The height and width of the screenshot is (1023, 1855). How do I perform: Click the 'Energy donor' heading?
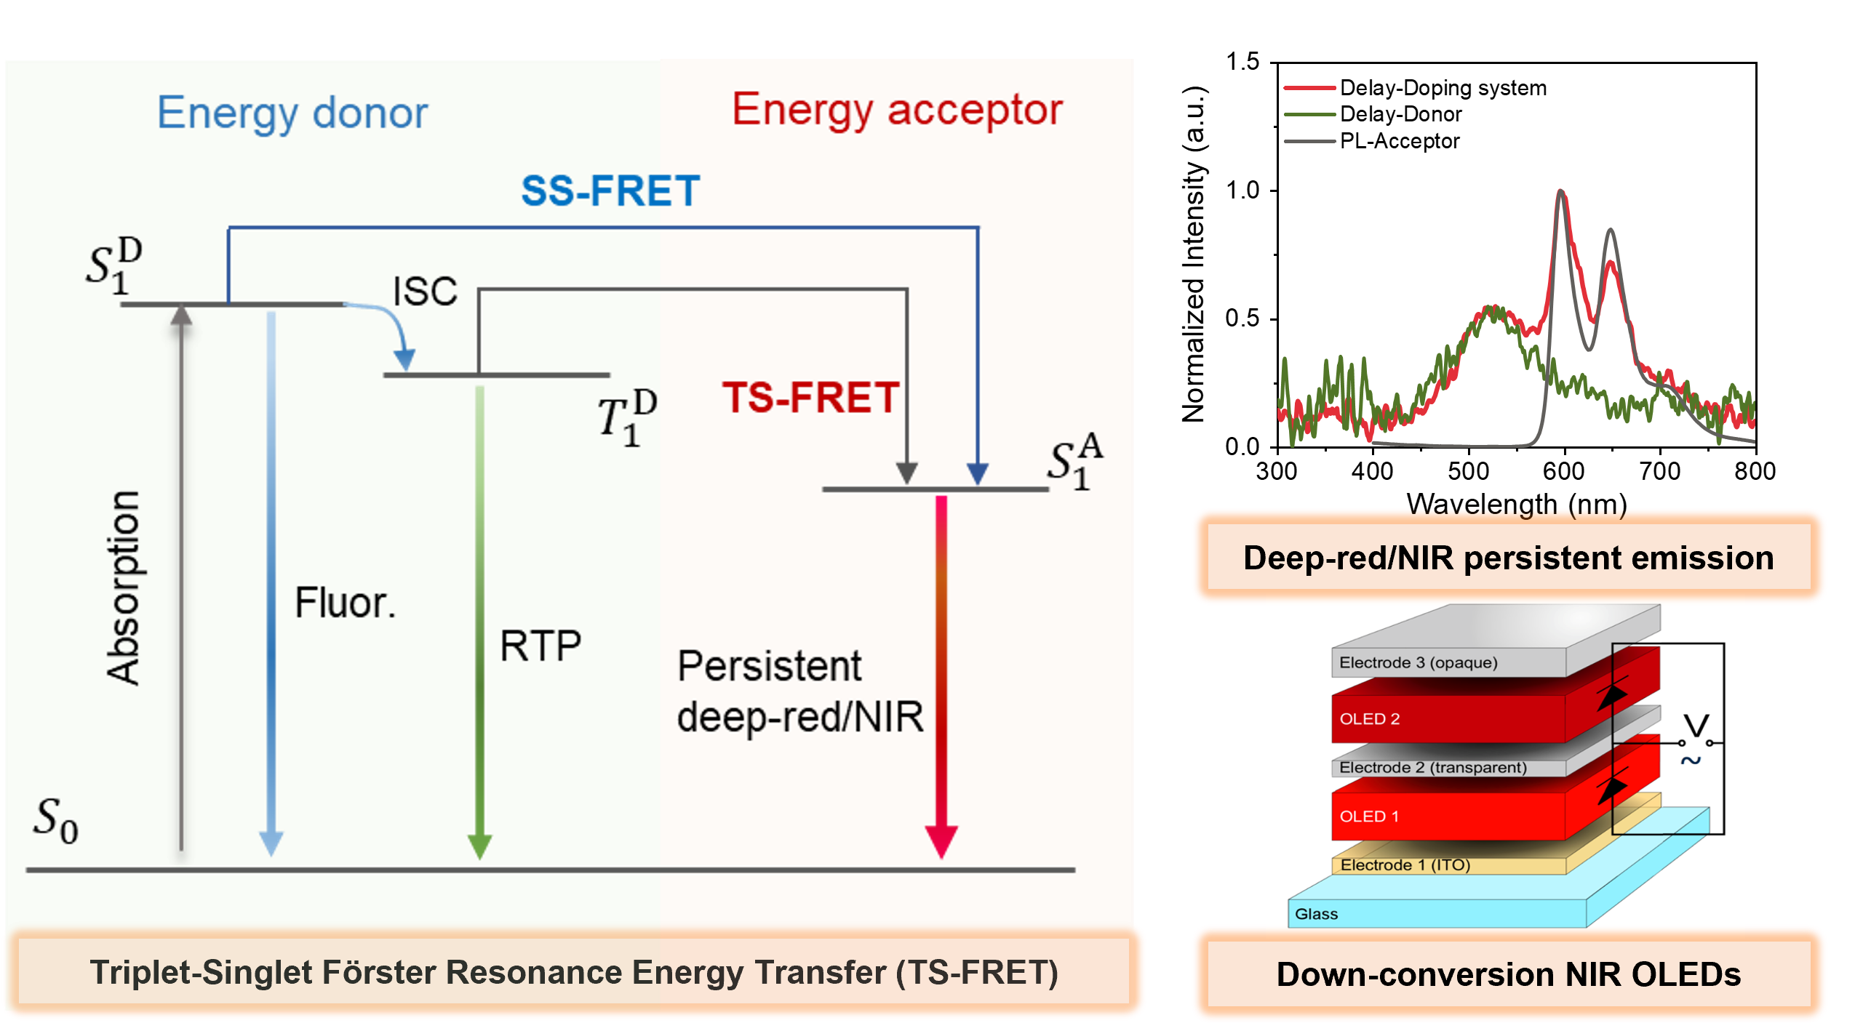292,114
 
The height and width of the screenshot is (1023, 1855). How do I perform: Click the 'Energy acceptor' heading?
897,111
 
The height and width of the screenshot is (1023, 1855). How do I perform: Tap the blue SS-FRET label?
610,191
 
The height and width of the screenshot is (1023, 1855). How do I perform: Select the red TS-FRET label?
810,398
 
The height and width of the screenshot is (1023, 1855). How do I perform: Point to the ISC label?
425,291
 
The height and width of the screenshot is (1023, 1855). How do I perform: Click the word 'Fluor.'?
346,603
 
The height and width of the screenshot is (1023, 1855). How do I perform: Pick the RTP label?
540,645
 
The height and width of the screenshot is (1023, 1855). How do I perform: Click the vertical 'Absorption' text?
124,587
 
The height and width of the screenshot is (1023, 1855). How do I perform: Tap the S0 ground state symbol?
55,819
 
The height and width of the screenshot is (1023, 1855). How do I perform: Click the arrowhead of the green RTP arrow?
479,847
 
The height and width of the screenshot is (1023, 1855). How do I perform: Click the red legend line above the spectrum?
1309,88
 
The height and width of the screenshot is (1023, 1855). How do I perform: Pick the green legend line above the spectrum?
1309,114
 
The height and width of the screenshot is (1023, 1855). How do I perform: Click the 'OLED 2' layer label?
1369,719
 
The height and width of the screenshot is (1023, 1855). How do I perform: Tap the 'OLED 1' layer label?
1368,817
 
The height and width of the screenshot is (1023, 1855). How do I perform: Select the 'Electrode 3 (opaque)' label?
1418,662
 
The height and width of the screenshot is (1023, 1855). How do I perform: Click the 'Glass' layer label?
1316,914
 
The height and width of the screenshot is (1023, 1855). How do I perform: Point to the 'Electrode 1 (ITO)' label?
1405,865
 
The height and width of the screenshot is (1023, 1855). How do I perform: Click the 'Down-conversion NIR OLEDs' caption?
1509,974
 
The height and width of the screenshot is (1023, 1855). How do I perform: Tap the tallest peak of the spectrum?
1561,193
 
